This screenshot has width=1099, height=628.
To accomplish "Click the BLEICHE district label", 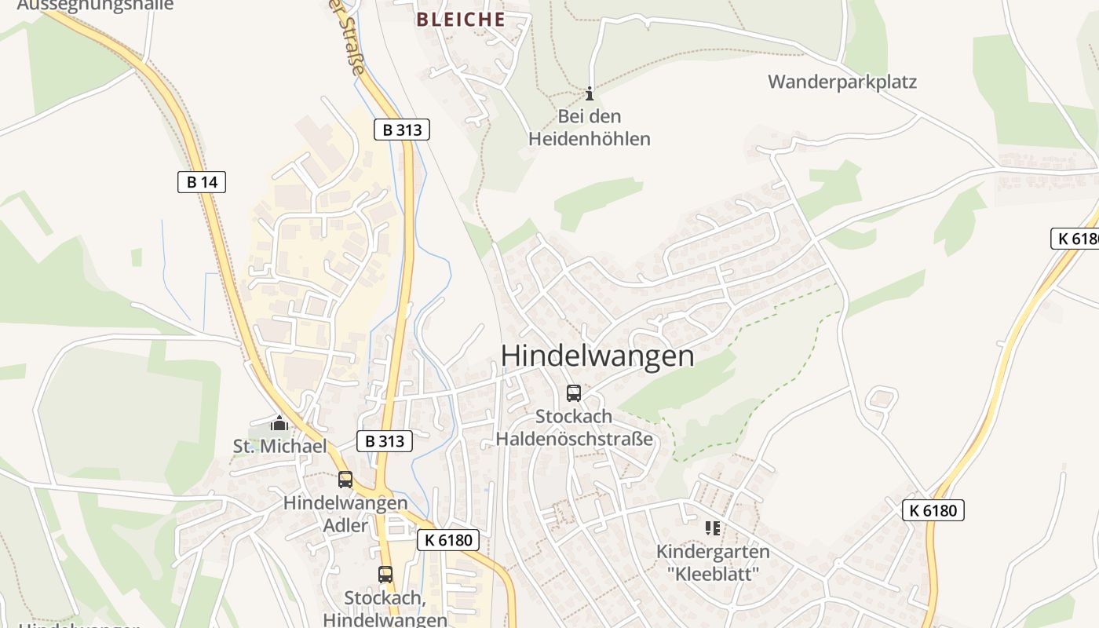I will (461, 20).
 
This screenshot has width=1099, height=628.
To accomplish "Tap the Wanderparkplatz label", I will (842, 82).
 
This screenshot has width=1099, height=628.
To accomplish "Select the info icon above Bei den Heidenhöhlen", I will (590, 94).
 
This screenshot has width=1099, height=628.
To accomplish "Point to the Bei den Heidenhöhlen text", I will (589, 128).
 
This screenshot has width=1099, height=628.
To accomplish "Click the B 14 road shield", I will (202, 182).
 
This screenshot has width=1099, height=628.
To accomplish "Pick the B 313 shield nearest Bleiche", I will (402, 130).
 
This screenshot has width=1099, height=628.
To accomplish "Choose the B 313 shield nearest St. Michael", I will (385, 441).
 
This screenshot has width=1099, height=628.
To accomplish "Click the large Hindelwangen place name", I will (597, 356).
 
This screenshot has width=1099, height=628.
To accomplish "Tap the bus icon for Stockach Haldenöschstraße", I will (574, 393).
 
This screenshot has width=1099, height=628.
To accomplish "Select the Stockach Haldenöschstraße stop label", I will (574, 428).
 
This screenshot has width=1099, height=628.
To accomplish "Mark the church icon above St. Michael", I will (279, 424).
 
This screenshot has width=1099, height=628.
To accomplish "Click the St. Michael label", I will (279, 447).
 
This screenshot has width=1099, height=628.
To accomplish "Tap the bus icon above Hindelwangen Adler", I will (345, 480).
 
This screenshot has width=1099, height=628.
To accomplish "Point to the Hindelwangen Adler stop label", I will (345, 513).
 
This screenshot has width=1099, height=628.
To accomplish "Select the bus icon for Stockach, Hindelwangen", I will (385, 575).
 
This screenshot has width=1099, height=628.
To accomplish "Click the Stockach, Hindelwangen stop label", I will (385, 609).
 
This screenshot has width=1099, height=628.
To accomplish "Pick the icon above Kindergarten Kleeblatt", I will (713, 528).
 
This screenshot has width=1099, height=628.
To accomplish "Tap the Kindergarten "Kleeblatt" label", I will (713, 562).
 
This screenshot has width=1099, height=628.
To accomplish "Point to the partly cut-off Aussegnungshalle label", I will (94, 5).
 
